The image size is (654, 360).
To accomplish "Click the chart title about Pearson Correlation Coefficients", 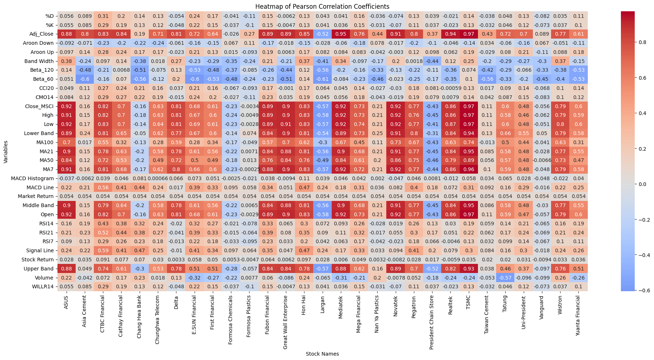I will pyautogui.click(x=322, y=7).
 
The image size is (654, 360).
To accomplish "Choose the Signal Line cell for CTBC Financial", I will pyautogui.click(x=103, y=251).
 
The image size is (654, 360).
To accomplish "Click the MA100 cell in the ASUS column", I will pyautogui.click(x=66, y=142).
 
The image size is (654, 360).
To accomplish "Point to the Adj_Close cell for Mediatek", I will pyautogui.click(x=340, y=34).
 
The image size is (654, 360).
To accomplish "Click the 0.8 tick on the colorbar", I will pyautogui.click(x=642, y=42).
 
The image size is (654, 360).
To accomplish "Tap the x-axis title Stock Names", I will pyautogui.click(x=322, y=354).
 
